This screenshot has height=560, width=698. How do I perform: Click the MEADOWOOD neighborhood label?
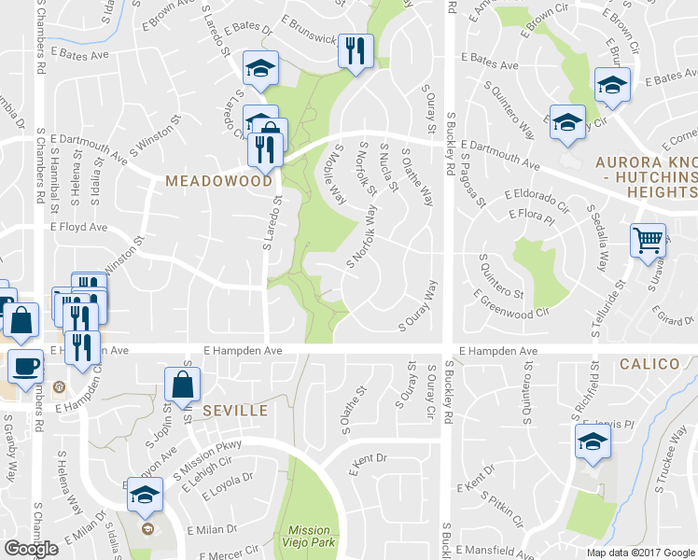(x=218, y=181)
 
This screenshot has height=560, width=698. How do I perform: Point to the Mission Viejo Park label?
(x=309, y=536)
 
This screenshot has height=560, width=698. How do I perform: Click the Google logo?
(x=31, y=549)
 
